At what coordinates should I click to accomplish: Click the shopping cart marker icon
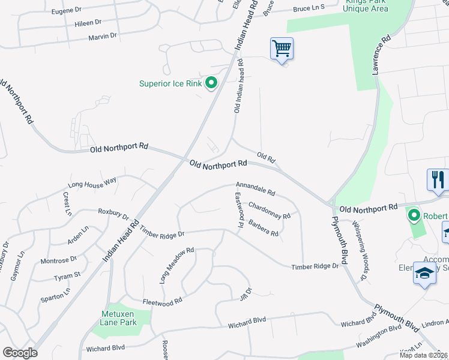pyautogui.click(x=282, y=48)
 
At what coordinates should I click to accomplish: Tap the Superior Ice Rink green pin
pyautogui.click(x=211, y=83)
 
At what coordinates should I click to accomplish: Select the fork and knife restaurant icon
pyautogui.click(x=438, y=179)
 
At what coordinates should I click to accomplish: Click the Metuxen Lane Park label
pyautogui.click(x=118, y=318)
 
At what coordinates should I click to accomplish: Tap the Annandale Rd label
pyautogui.click(x=255, y=188)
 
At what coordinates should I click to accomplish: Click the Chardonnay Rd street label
pyautogui.click(x=269, y=211)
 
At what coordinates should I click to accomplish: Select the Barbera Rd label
pyautogui.click(x=264, y=229)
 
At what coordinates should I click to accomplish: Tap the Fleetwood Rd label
pyautogui.click(x=162, y=302)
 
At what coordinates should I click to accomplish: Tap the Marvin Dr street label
pyautogui.click(x=102, y=37)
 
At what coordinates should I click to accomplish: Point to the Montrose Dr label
pyautogui.click(x=58, y=260)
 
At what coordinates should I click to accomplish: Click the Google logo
pyautogui.click(x=20, y=352)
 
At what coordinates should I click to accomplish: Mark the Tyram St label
pyautogui.click(x=67, y=275)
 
